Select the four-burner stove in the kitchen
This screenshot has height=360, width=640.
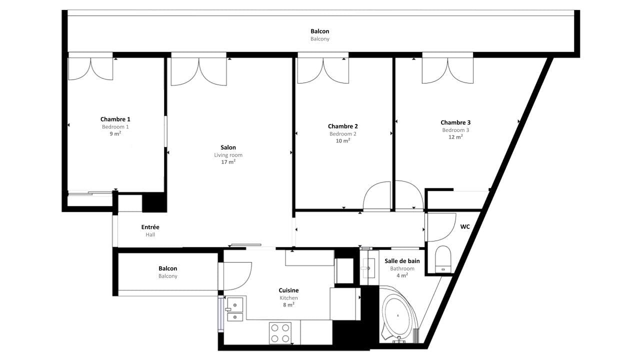click(x=280, y=333)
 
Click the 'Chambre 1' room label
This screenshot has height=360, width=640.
click(x=115, y=119)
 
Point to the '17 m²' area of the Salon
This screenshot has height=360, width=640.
click(x=228, y=162)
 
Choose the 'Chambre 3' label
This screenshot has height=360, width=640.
click(x=455, y=122)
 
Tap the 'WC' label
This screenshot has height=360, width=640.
click(x=465, y=227)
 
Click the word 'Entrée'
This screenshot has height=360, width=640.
click(x=150, y=227)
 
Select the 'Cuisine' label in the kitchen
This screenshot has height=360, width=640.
click(x=288, y=290)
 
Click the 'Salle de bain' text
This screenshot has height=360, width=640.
click(x=402, y=261)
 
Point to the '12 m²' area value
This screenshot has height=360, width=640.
click(x=455, y=137)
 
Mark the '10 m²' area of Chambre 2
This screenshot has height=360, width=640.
click(x=342, y=140)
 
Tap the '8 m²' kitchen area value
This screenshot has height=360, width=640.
click(x=288, y=304)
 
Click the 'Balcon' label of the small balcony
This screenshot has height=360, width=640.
click(x=167, y=268)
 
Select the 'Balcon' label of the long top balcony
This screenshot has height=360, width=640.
click(x=319, y=31)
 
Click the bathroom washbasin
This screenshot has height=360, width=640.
click(x=369, y=268)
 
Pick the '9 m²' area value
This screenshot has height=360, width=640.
click(x=115, y=133)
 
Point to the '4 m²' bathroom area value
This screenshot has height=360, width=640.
click(x=402, y=275)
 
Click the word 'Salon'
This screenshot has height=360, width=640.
click(x=228, y=147)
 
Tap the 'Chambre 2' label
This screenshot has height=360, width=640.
click(x=342, y=126)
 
